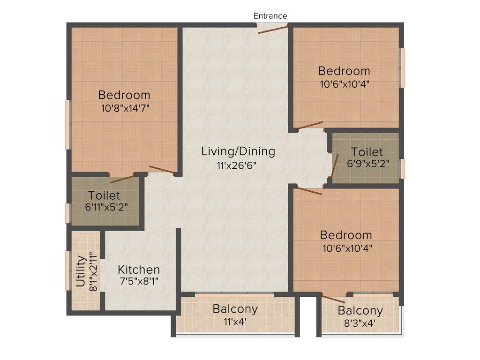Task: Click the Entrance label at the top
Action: tap(270, 16)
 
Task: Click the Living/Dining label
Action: tap(238, 151)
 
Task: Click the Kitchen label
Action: tap(138, 270)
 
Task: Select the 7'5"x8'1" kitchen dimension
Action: tap(138, 282)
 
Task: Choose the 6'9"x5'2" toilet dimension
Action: tap(367, 164)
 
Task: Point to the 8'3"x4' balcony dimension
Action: tap(360, 323)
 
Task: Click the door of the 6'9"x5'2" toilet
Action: tap(334, 166)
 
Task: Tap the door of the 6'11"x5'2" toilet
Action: tap(122, 178)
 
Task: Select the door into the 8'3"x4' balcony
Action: tap(334, 299)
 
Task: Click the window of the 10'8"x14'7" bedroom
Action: tap(68, 124)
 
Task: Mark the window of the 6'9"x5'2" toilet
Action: tap(402, 169)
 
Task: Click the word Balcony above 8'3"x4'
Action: tap(360, 310)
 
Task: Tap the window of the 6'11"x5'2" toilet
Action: tap(68, 213)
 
